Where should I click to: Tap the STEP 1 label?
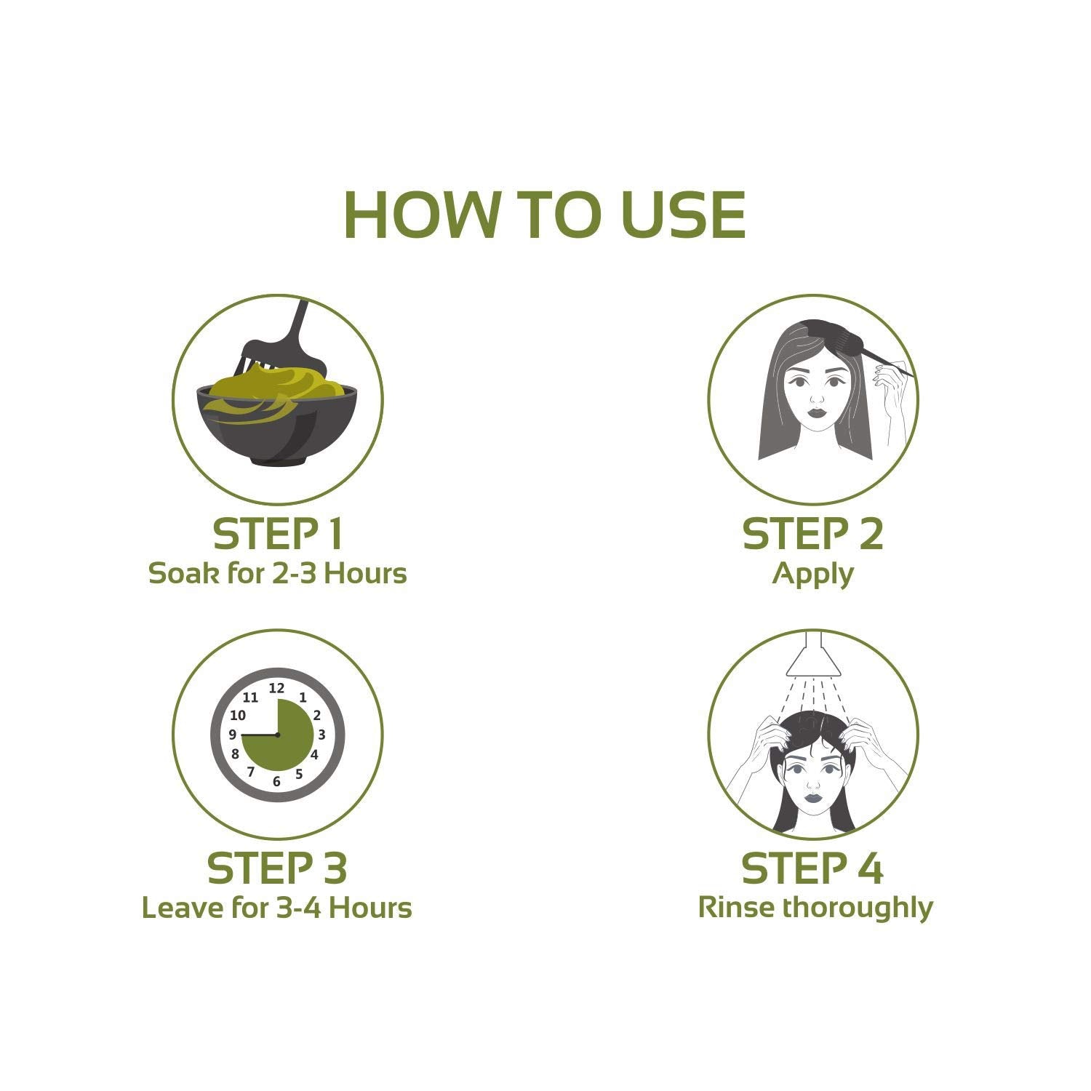[278, 535]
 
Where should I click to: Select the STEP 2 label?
[813, 535]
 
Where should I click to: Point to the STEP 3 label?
[278, 868]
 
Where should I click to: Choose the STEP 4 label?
[813, 868]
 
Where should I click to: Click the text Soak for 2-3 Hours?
[278, 574]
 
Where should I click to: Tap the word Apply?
[813, 575]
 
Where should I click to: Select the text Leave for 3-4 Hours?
[277, 908]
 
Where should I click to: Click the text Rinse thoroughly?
[815, 909]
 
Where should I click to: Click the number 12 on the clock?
[277, 687]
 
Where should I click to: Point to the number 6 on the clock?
[276, 782]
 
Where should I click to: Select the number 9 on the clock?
[233, 735]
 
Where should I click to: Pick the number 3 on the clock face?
[321, 735]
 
